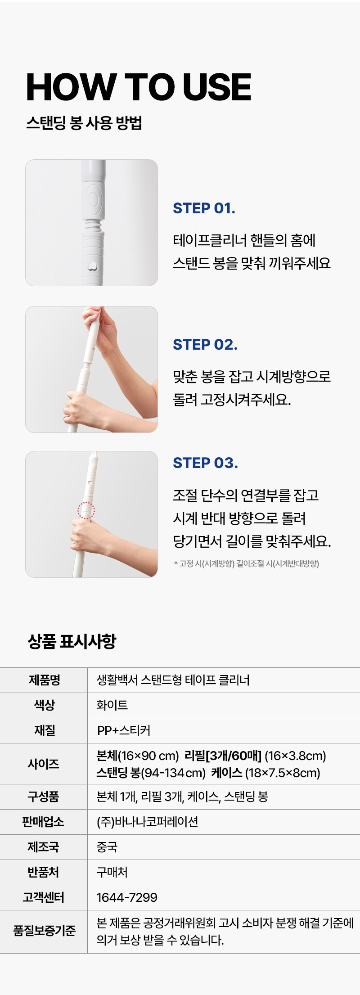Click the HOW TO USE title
pos(139,87)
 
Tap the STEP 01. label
pos(204,208)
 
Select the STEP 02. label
pos(205,344)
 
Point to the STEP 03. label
pos(205,463)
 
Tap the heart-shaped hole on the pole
pos(92,266)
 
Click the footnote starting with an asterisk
pos(246,563)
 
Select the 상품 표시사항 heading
pos(72,641)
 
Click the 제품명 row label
pos(44,680)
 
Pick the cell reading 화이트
pos(112,705)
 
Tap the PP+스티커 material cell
pos(124,730)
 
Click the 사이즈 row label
pos(44,764)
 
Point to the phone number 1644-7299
pos(127,897)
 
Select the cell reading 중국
pos(107,847)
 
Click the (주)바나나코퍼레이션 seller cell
pos(148,822)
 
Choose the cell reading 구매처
pos(112,872)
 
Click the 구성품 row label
pos(44,797)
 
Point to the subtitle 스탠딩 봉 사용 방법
pos(84,122)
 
